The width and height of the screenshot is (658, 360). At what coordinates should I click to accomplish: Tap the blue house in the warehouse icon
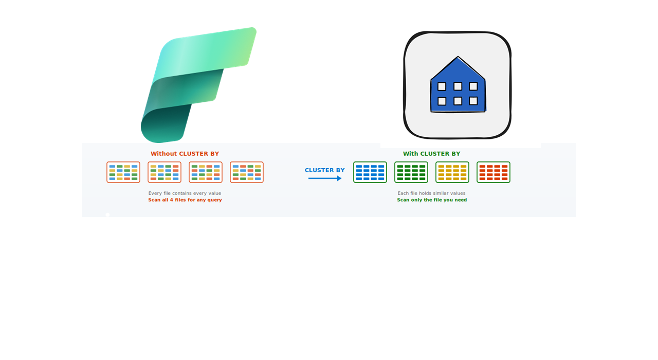click(458, 85)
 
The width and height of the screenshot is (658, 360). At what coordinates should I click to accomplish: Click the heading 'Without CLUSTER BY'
click(185, 154)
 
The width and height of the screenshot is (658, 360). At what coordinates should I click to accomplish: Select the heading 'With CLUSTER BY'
click(431, 154)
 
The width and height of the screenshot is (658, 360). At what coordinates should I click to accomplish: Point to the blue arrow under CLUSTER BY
click(324, 178)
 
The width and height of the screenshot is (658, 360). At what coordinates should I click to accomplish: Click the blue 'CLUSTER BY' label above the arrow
click(324, 170)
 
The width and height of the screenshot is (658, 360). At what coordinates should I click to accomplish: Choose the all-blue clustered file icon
click(370, 172)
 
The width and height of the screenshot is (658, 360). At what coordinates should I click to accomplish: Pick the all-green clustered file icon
click(411, 172)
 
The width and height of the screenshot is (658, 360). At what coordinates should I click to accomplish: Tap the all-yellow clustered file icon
click(452, 172)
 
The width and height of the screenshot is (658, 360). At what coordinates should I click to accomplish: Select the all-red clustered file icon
click(493, 172)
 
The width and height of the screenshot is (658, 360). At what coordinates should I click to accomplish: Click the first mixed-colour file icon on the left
click(123, 172)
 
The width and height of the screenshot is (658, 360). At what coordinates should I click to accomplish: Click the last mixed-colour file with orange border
click(247, 172)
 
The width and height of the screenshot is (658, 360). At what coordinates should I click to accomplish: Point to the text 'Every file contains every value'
click(185, 193)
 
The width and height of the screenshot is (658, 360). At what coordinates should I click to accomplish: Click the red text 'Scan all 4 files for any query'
click(185, 200)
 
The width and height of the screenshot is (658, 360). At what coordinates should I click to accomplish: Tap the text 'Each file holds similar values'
click(431, 193)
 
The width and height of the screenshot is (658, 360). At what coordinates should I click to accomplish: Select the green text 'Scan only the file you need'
click(432, 200)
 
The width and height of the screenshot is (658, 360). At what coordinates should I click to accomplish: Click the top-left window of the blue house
click(442, 86)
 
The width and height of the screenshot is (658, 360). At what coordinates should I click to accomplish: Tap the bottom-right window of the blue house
click(473, 101)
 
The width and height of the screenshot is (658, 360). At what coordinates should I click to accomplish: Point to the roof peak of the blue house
click(458, 57)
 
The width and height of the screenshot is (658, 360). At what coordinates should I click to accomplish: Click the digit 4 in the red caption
click(171, 200)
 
